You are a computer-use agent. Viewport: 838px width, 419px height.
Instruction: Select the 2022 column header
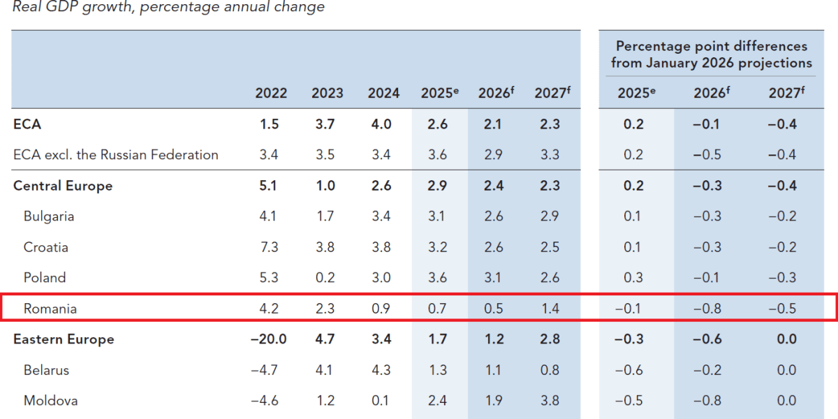click(271, 94)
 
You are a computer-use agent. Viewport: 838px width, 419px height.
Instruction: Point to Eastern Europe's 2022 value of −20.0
click(268, 339)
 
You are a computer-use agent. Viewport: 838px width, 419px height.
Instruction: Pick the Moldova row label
click(50, 401)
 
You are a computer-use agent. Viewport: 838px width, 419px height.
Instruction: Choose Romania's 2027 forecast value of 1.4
click(550, 308)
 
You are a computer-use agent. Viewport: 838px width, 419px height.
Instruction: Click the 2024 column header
click(383, 94)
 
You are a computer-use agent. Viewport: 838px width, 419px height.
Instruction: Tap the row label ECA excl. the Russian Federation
click(116, 155)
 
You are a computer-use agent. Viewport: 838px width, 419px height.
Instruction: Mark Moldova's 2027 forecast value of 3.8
click(550, 401)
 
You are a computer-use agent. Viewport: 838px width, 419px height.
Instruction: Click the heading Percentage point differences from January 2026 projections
click(711, 54)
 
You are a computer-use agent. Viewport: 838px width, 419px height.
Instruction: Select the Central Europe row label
click(63, 186)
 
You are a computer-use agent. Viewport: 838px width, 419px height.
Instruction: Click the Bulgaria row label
click(49, 216)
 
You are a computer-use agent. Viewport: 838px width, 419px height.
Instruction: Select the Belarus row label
click(46, 370)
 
